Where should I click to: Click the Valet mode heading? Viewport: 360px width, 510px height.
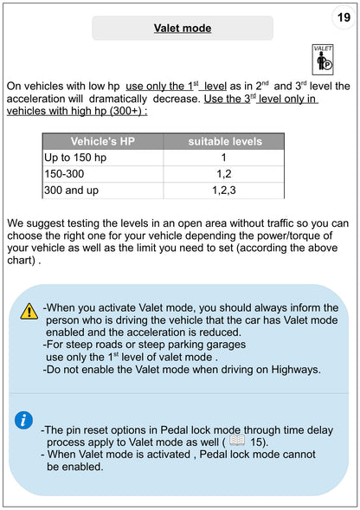coord(183,29)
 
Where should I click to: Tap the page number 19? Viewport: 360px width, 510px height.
coord(344,17)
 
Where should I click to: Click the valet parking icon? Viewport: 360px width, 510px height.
coord(323,60)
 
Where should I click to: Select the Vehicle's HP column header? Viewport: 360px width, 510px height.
coord(103,141)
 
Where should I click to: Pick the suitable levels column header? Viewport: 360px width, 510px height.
coord(225,141)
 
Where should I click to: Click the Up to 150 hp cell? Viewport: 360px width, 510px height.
coord(75,158)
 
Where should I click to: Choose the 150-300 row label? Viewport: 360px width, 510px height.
coord(64,174)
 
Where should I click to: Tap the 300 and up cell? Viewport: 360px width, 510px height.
coord(72,190)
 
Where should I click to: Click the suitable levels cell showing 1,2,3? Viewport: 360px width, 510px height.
coord(224,190)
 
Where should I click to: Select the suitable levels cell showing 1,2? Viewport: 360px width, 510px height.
coord(224,174)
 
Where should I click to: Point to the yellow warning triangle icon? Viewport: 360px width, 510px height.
coord(29,311)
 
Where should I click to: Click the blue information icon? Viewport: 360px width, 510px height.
coord(23,420)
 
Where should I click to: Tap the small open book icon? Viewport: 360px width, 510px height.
coord(237,441)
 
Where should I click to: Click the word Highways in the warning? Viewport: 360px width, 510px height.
coord(296,370)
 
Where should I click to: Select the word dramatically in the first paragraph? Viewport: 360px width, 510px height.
coord(118,99)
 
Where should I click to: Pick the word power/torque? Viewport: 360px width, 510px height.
coord(290,236)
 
